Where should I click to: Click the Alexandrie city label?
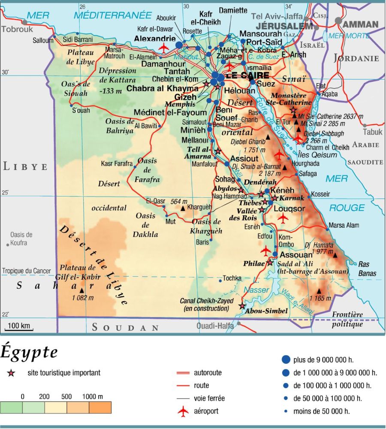click(155, 38)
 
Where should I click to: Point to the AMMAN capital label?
click(361, 24)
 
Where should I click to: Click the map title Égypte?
click(29, 353)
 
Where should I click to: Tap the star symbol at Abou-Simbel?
click(242, 306)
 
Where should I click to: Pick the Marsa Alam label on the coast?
click(344, 225)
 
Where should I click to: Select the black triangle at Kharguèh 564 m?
click(183, 208)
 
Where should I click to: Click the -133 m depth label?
click(112, 91)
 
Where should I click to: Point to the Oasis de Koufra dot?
click(8, 244)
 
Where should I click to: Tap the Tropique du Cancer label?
click(27, 271)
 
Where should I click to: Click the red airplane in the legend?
click(183, 411)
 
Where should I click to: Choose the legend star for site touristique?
click(11, 373)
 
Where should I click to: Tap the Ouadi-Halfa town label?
click(215, 326)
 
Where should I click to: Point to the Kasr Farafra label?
click(116, 163)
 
